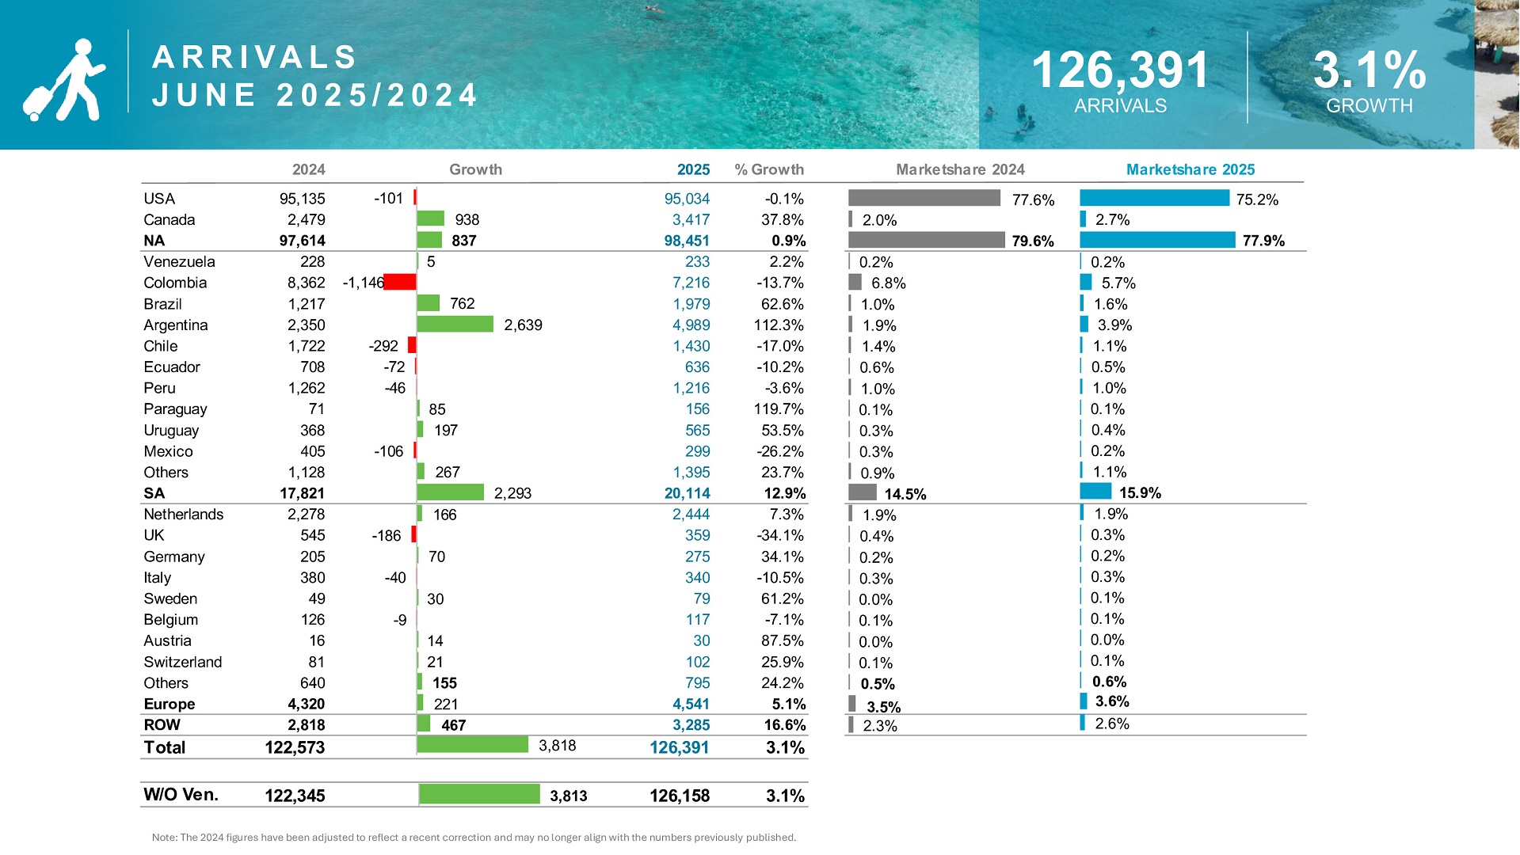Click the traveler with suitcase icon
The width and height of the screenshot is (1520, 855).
click(x=63, y=79)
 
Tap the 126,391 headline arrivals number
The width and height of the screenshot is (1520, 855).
click(x=1120, y=70)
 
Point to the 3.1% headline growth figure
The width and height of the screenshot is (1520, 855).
click(x=1370, y=70)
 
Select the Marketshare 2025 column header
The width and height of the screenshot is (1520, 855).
click(x=1190, y=169)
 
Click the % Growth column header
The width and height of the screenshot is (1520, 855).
click(x=768, y=169)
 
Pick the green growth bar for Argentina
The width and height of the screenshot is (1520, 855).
click(x=455, y=324)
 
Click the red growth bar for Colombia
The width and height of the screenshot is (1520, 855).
click(x=400, y=282)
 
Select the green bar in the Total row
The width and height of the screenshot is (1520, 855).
click(x=472, y=744)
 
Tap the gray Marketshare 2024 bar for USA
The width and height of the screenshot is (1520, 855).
click(x=924, y=198)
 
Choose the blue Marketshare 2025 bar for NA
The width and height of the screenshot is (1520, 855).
click(x=1156, y=240)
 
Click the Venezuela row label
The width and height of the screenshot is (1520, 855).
click(x=179, y=261)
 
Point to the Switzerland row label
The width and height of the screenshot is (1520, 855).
click(x=182, y=662)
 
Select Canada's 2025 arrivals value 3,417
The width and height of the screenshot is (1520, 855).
click(x=691, y=219)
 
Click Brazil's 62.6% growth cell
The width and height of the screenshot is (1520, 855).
click(x=782, y=304)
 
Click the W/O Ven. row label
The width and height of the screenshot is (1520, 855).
click(x=181, y=795)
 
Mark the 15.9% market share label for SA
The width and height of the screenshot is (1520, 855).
click(x=1140, y=492)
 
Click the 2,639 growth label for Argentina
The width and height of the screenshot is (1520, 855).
click(x=523, y=325)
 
